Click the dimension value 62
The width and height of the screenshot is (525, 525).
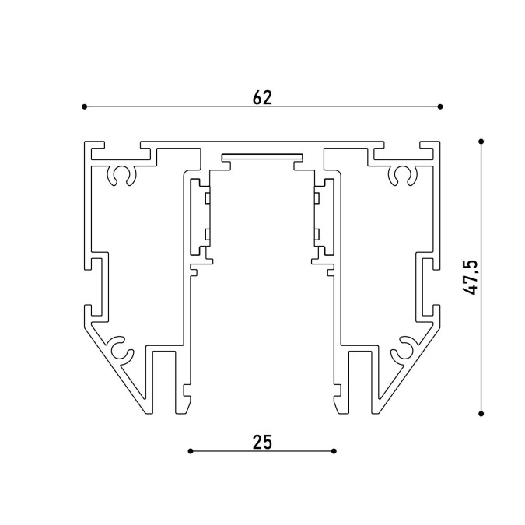coord(262,97)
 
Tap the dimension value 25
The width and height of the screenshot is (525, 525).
coord(262,442)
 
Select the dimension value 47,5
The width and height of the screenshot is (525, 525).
coord(470,277)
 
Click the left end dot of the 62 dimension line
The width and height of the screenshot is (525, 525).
coord(84,107)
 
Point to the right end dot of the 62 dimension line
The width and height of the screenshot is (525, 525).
coord(440,107)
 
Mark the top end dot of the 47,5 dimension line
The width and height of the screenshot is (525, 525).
coord(481,142)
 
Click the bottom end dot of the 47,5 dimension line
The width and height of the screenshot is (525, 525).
coord(481,414)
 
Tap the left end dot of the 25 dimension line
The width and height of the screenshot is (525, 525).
coord(191,451)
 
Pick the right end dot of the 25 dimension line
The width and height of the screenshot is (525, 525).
coord(334,451)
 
